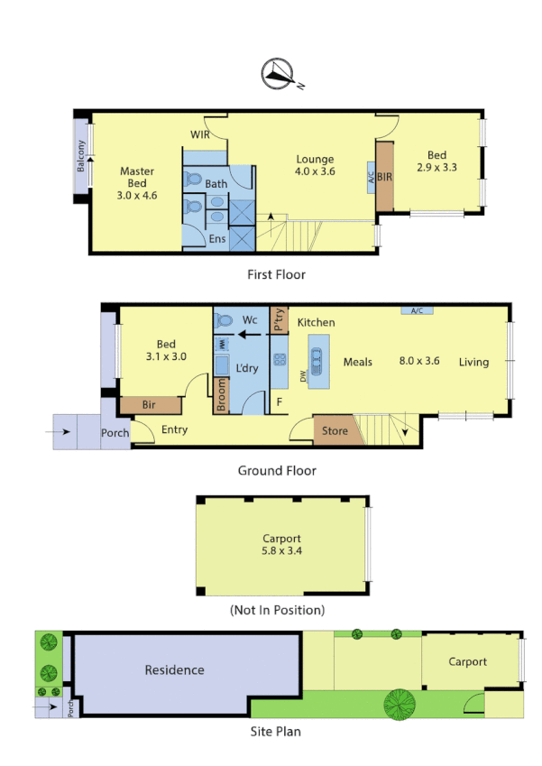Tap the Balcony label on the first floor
81,158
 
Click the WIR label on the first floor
200,134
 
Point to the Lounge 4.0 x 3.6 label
315,165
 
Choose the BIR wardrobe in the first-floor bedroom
384,176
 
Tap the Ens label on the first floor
217,239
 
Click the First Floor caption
276,274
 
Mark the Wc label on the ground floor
250,320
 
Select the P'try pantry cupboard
279,321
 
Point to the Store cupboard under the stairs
335,431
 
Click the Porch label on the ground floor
115,433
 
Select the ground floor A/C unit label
417,311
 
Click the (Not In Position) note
277,610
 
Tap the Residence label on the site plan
175,670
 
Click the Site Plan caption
275,732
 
